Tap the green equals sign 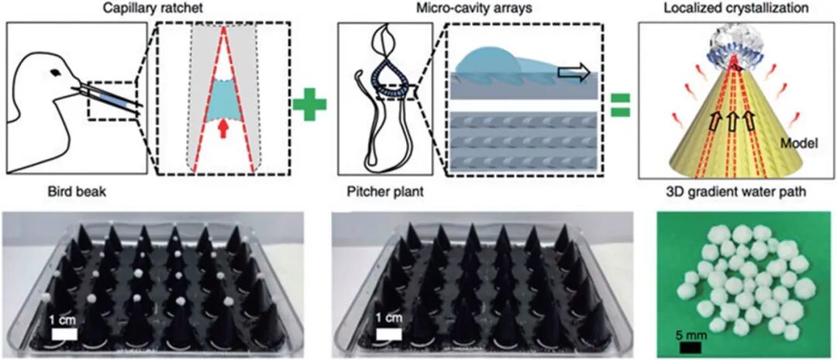[618, 105]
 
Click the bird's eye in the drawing [56, 74]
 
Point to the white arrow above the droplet [573, 72]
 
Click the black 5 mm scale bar [689, 348]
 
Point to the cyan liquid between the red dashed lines [223, 102]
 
